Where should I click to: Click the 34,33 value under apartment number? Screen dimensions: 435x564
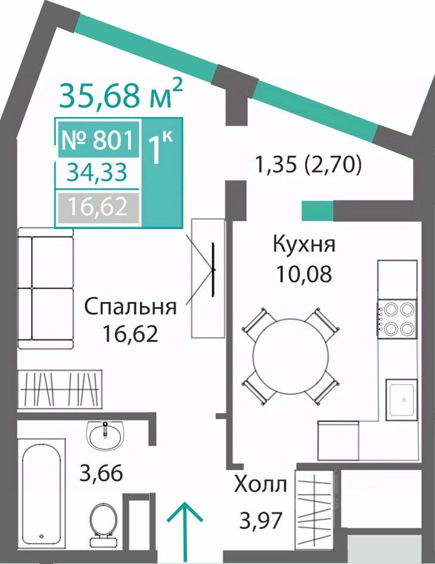(97, 173)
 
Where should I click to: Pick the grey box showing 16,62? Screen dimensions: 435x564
(98, 208)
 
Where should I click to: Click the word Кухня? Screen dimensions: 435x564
(304, 244)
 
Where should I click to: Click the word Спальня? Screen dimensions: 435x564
(130, 306)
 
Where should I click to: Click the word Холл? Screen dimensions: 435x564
(260, 485)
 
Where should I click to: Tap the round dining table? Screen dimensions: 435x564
(290, 354)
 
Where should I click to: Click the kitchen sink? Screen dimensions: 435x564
(402, 399)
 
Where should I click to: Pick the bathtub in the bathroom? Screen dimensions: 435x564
(41, 489)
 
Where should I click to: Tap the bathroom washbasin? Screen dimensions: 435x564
(105, 436)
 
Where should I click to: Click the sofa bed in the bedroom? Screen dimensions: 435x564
(46, 288)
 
